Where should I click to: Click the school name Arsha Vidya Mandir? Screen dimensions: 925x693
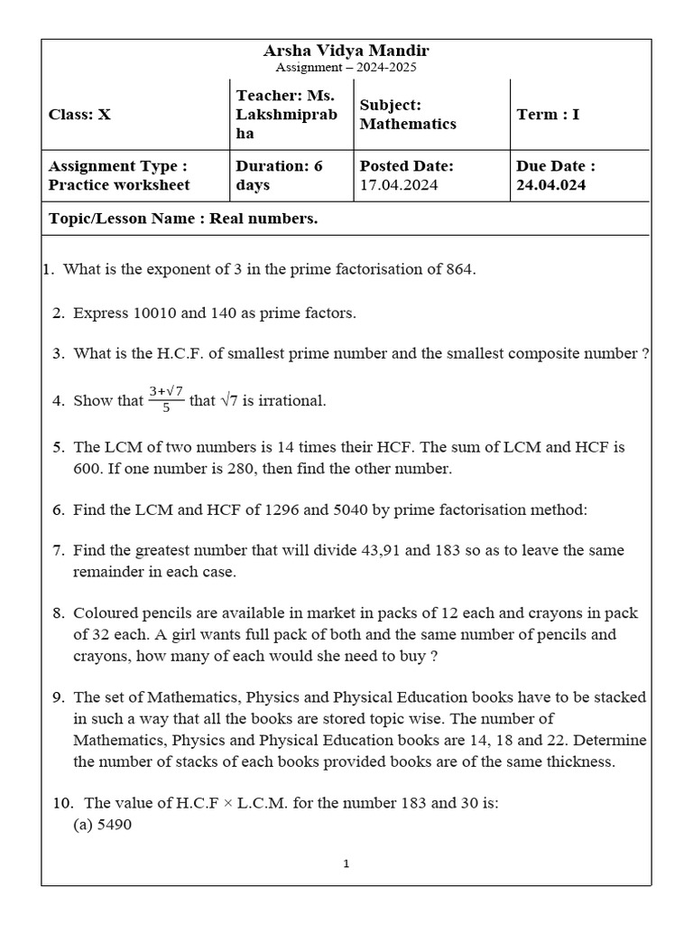(346, 51)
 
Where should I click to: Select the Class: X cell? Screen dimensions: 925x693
(79, 115)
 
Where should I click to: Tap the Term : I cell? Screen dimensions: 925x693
(549, 115)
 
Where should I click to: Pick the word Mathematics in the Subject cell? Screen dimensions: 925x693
(408, 124)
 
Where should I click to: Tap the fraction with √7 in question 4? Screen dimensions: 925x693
(167, 398)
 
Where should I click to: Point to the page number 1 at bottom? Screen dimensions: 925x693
(346, 864)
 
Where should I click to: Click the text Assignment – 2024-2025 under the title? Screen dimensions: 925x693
(346, 68)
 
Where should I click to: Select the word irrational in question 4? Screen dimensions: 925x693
(291, 400)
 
